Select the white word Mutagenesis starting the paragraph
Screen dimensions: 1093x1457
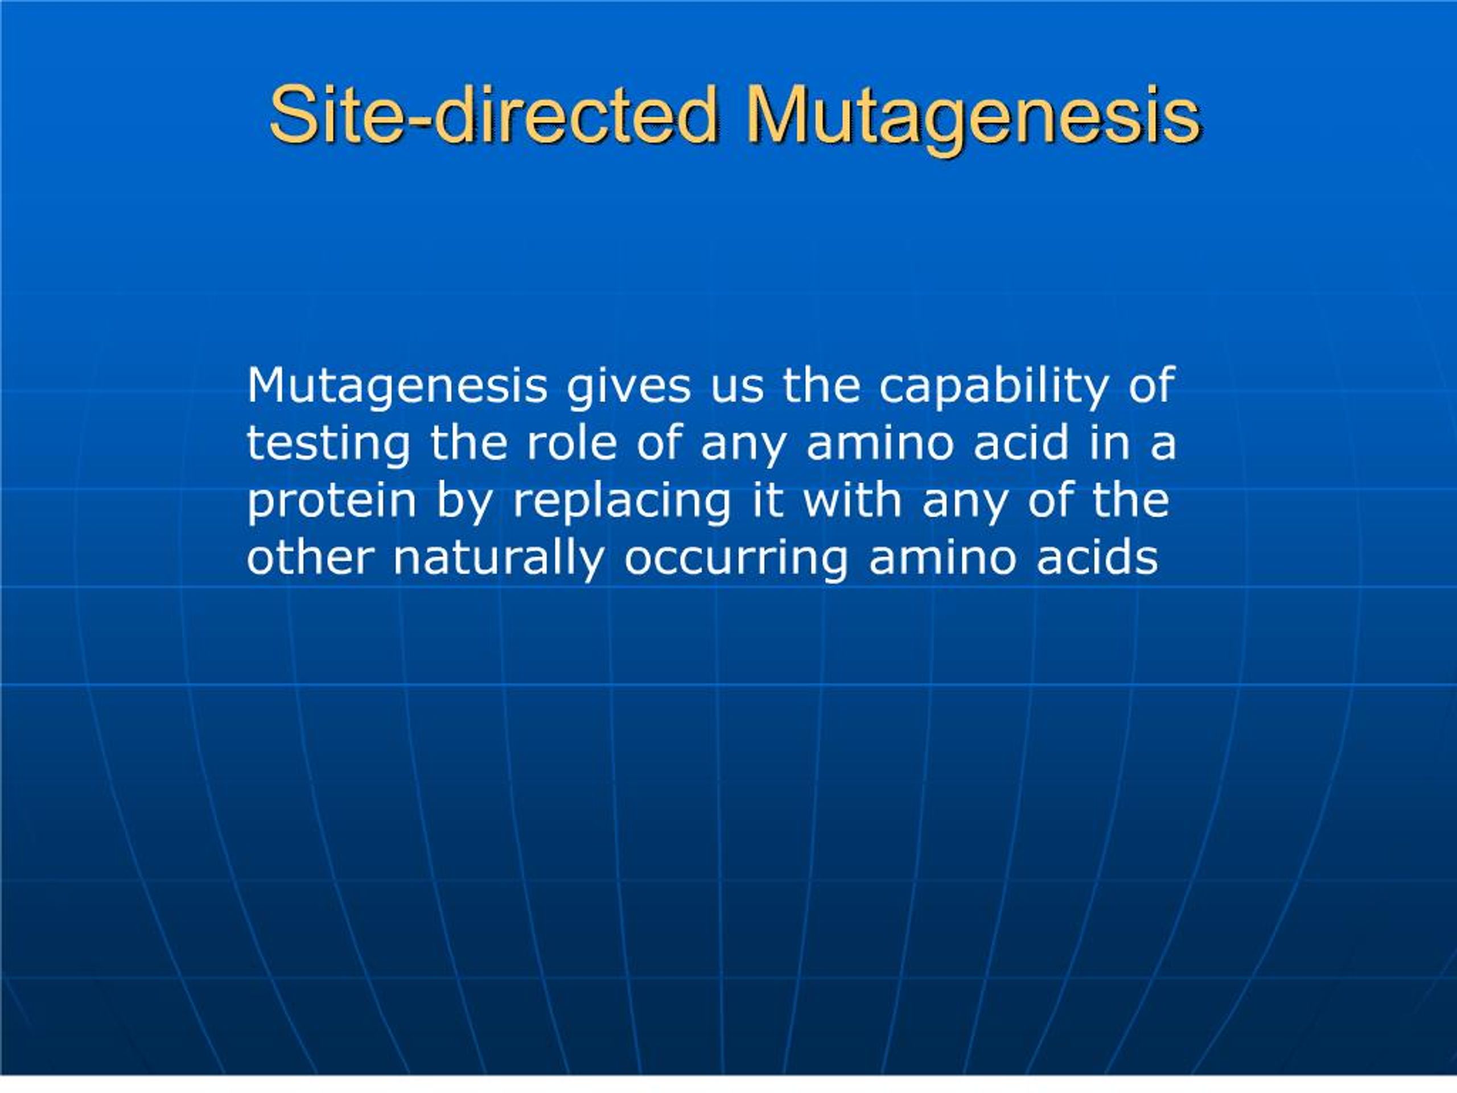(x=397, y=387)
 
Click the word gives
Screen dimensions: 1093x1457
(x=628, y=387)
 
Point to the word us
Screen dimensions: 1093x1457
(x=737, y=387)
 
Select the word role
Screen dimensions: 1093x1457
(x=570, y=443)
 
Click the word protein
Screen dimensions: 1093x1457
(x=331, y=502)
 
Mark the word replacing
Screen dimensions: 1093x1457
(x=621, y=502)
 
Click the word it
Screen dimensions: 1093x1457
(x=767, y=502)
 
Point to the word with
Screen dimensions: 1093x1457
(x=851, y=502)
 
